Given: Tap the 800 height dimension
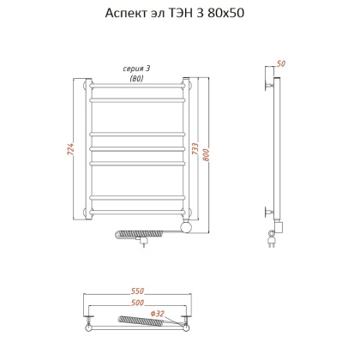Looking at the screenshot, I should point(207,153).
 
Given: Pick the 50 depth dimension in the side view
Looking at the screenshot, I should point(281,64).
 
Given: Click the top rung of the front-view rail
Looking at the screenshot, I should point(137,85).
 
